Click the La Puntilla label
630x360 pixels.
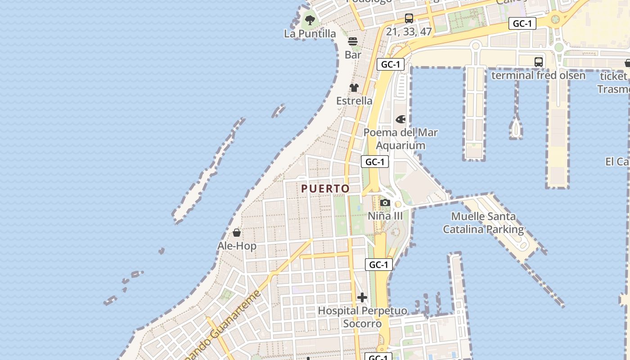pos(310,34)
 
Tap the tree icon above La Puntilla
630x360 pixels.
pos(310,20)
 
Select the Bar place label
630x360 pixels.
pos(353,55)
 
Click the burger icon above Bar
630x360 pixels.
pos(353,41)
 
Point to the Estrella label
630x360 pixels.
pos(354,101)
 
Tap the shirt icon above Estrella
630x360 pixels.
pos(354,88)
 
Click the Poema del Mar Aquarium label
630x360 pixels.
pos(400,139)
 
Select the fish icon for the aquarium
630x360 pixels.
pos(400,119)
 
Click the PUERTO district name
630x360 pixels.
pos(325,189)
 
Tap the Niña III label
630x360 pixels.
pos(385,216)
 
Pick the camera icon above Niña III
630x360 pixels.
pos(385,203)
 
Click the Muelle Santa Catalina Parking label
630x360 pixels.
pos(483,223)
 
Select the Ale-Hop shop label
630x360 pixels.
pos(237,246)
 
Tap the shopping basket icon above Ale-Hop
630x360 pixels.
pos(237,233)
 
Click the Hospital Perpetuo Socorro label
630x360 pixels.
pos(362,317)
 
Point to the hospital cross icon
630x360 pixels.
pos(362,297)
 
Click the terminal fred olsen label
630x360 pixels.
pos(538,75)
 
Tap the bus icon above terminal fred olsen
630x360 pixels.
pos(538,62)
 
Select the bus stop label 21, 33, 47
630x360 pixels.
pos(409,31)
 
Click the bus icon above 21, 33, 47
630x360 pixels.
pos(409,18)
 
